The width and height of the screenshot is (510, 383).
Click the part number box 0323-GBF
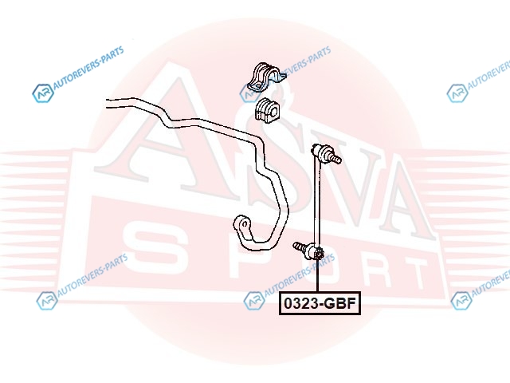320,303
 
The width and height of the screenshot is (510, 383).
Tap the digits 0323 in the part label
300,303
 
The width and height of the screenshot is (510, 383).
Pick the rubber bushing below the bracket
266,110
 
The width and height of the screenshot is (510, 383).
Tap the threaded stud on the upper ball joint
335,158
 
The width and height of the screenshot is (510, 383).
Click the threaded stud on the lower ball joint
300,247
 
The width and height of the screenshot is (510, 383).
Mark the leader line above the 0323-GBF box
317,275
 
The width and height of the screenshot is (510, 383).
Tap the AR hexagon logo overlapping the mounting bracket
249,93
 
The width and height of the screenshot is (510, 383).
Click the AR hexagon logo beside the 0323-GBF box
254,300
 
